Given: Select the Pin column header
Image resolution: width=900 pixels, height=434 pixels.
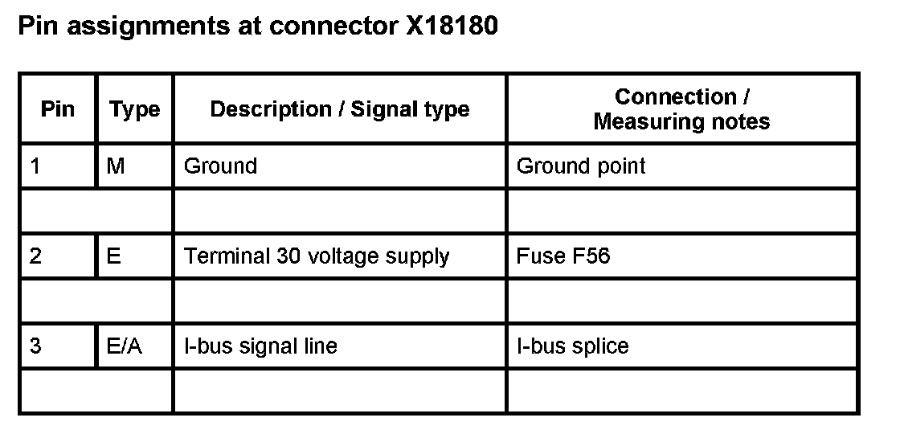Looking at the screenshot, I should [57, 108].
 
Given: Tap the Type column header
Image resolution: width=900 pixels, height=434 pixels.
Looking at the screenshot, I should [134, 109].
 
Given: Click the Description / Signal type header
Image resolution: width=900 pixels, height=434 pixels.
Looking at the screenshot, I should [339, 109].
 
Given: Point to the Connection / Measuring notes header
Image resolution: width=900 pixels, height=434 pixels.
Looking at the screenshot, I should [681, 109].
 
